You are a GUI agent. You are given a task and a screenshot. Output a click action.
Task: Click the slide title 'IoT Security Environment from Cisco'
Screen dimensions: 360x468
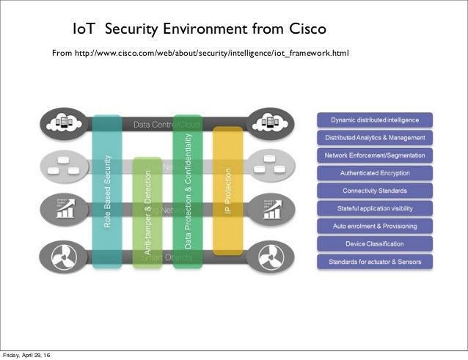point(199,30)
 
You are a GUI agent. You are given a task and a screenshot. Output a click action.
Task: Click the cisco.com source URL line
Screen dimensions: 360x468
point(200,54)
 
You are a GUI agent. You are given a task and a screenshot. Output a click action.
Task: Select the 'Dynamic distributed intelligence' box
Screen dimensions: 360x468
point(375,120)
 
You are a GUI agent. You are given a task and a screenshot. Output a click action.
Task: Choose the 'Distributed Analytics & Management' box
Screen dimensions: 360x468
point(375,137)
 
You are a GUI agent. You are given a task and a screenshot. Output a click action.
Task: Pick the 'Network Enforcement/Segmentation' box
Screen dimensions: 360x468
point(375,155)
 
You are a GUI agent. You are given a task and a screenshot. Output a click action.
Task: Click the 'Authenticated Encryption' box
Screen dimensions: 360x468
point(375,173)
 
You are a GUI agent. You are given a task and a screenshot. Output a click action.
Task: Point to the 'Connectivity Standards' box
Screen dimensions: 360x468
point(375,191)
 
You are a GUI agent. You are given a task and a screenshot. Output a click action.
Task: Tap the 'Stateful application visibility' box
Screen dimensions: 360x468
point(375,208)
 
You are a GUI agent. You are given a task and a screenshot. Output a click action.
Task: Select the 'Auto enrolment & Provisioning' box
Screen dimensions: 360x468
point(375,226)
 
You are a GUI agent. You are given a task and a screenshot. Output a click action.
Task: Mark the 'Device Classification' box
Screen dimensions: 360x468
point(375,243)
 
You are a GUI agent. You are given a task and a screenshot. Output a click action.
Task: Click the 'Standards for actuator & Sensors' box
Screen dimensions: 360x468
point(375,261)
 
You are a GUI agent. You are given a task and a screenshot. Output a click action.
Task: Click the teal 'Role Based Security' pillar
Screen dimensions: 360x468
point(107,191)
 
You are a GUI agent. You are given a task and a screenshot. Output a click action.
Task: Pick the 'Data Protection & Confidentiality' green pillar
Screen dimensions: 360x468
point(187,191)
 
